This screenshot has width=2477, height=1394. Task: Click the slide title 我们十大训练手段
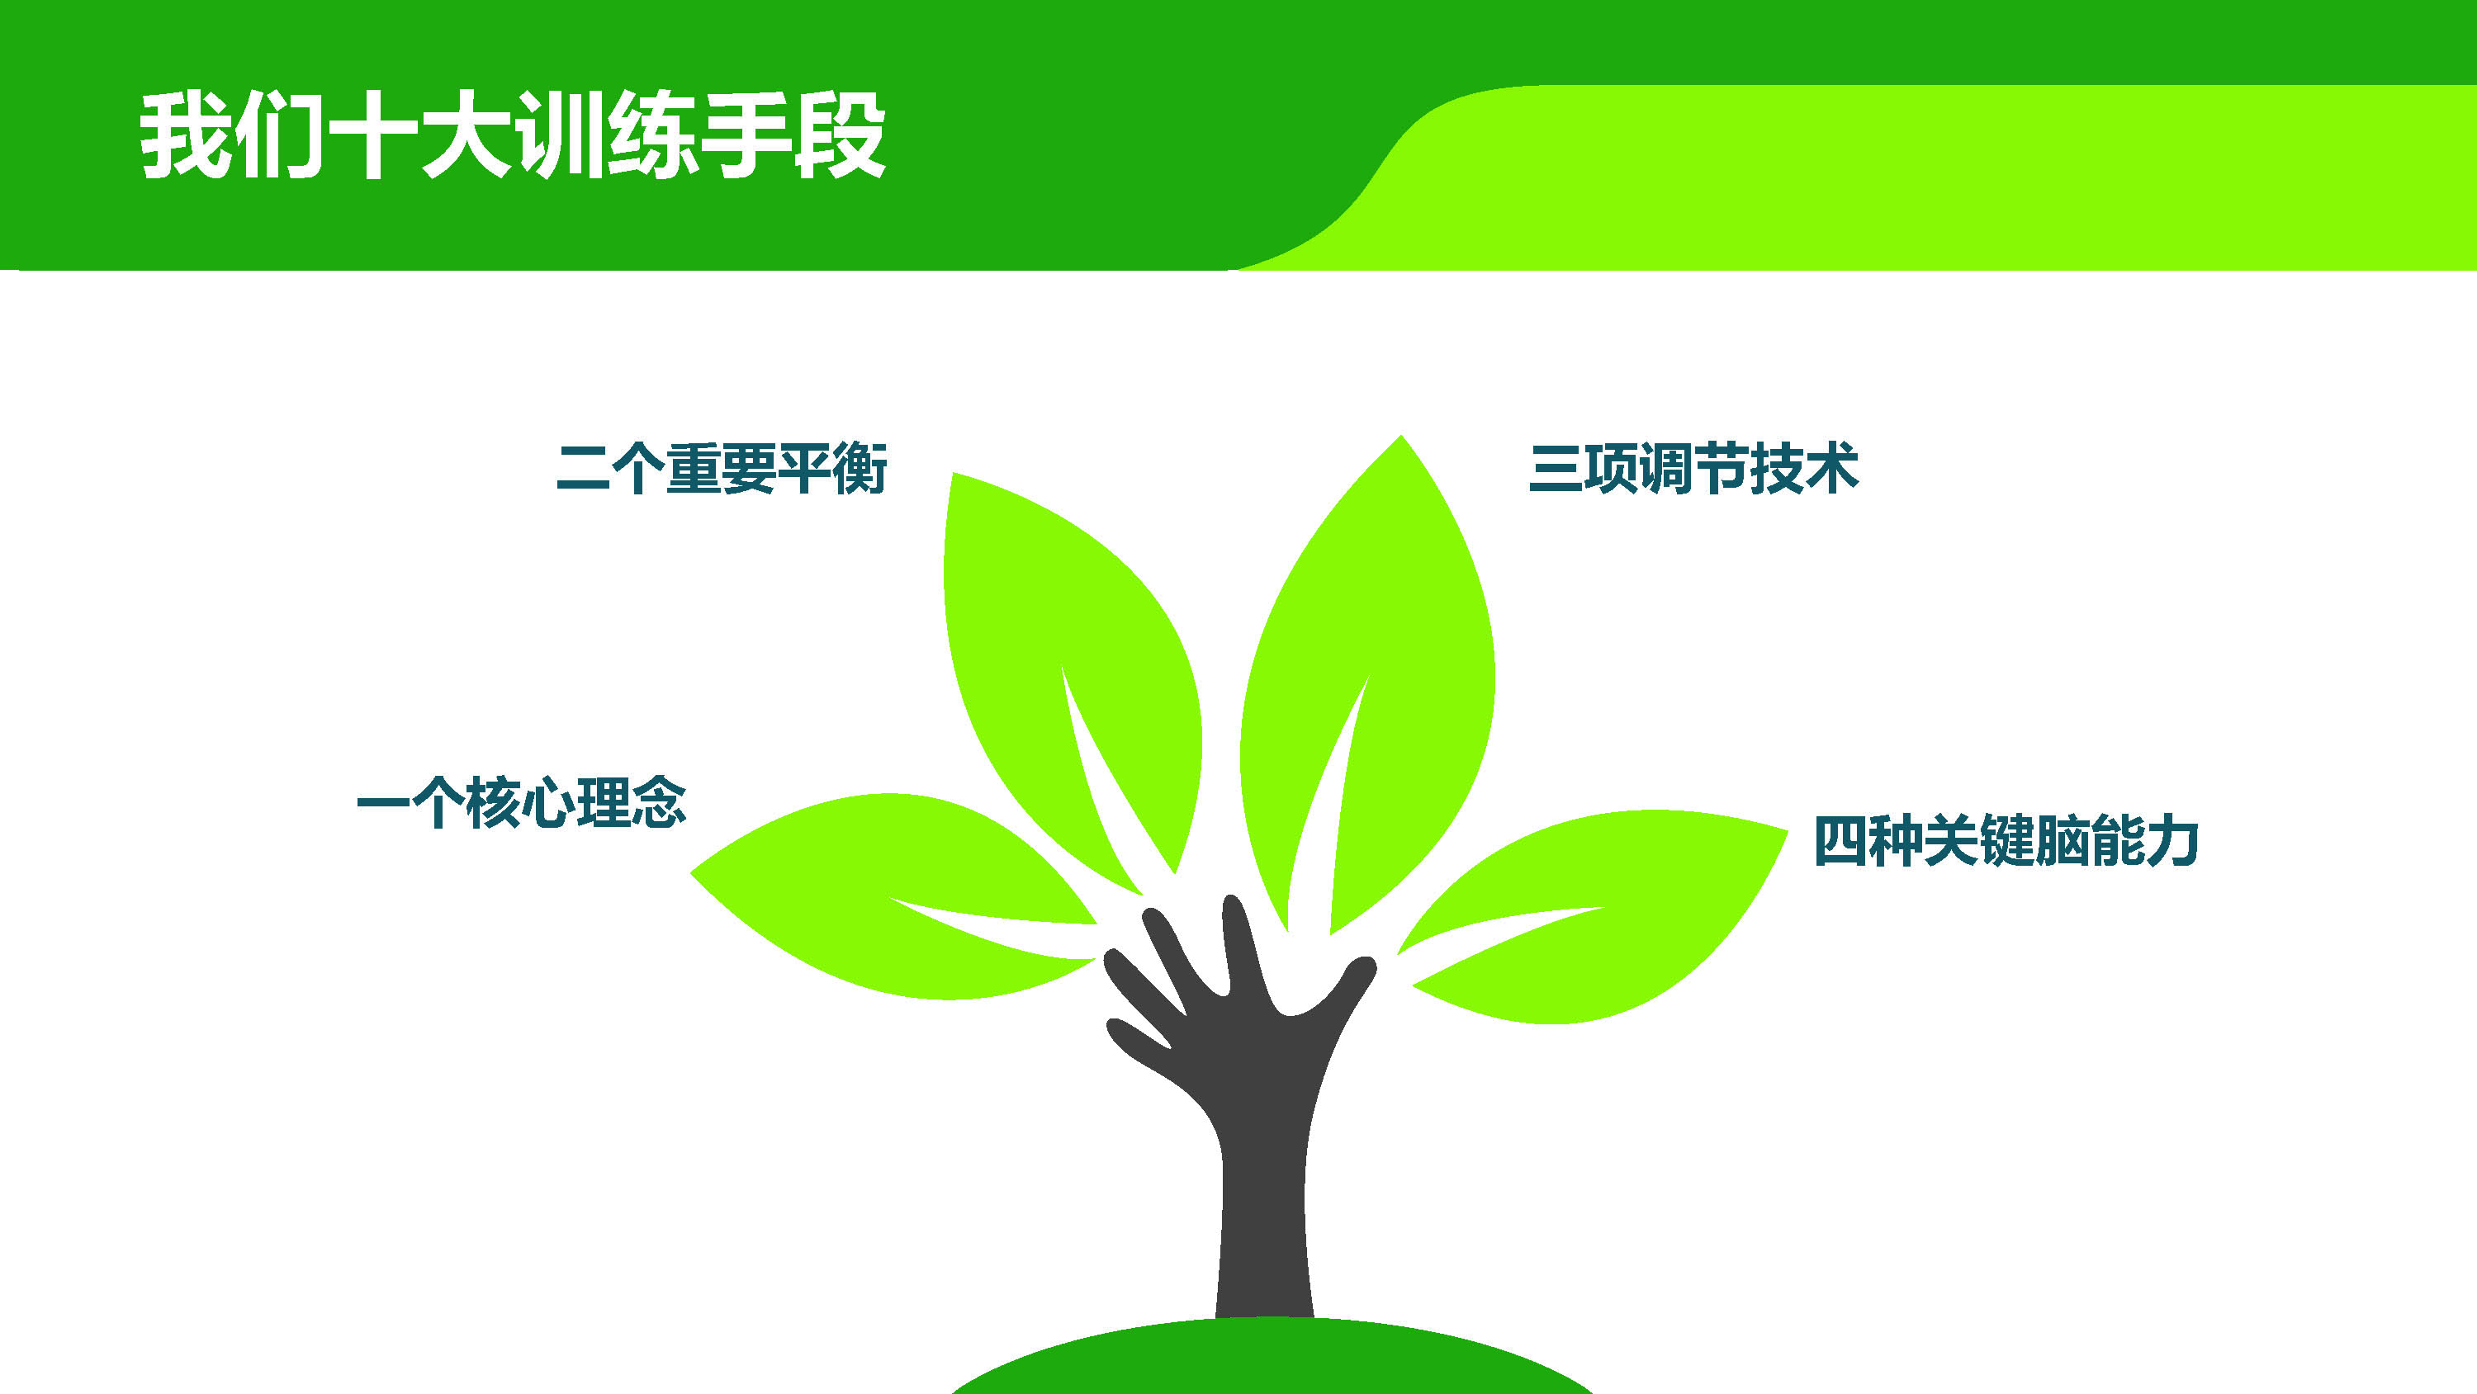[x=513, y=135]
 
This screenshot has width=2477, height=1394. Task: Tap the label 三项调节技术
[x=1693, y=468]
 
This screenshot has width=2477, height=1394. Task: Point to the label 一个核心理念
[x=521, y=803]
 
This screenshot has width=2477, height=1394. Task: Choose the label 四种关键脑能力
[x=2006, y=841]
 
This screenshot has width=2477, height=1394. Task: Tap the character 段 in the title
[x=840, y=135]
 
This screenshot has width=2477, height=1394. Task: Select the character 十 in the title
[x=372, y=135]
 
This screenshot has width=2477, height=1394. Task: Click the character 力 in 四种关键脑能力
[x=2172, y=841]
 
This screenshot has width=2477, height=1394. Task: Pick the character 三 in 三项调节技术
[x=1556, y=469]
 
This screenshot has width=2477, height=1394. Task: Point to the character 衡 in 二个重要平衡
[x=860, y=468]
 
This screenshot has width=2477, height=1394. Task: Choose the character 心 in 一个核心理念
[x=548, y=804]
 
